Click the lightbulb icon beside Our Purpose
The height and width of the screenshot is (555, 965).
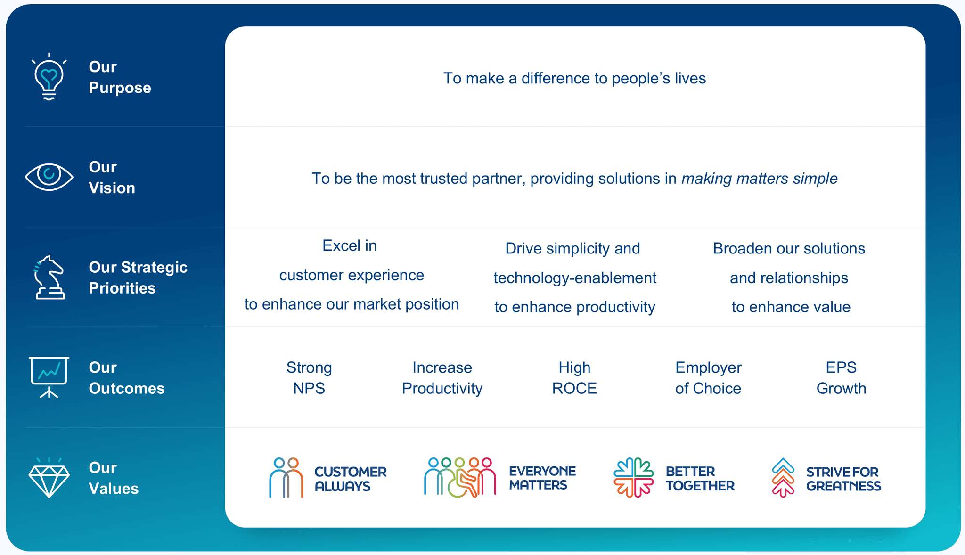tap(49, 77)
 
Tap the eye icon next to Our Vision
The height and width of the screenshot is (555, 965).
tap(49, 177)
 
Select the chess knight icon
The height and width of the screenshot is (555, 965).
tap(49, 277)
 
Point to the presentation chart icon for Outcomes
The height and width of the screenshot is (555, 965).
tap(49, 377)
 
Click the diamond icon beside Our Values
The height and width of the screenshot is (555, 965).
tap(49, 478)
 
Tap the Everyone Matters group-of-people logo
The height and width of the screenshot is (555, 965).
tap(460, 477)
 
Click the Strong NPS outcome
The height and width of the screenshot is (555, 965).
tap(309, 377)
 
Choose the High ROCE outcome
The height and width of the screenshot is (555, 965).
tap(574, 377)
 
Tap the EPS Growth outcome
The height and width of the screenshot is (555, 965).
tap(841, 377)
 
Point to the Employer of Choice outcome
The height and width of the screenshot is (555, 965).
tap(708, 377)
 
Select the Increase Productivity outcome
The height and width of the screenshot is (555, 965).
tap(442, 377)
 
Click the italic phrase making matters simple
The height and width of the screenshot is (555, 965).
tap(759, 179)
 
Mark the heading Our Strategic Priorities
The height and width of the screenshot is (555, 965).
tap(138, 277)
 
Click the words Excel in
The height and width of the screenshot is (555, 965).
tap(350, 245)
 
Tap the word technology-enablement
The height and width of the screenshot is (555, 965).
tap(574, 278)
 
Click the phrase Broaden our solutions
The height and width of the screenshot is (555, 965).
tap(789, 248)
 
